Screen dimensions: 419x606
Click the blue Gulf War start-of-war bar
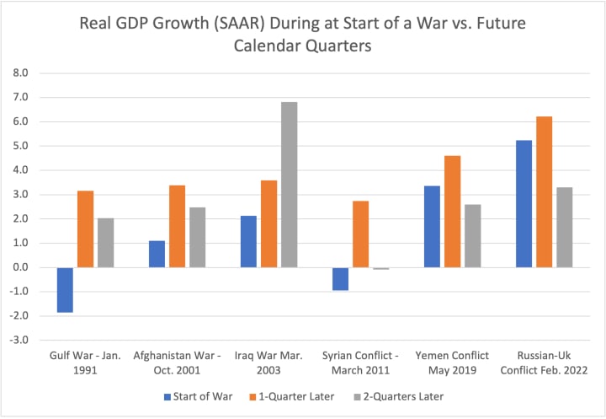click(x=65, y=289)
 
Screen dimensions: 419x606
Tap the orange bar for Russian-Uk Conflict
click(x=545, y=191)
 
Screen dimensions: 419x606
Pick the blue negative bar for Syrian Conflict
click(x=340, y=278)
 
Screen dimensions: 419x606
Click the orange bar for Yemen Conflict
click(x=452, y=212)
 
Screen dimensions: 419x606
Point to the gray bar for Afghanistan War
click(x=197, y=237)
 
